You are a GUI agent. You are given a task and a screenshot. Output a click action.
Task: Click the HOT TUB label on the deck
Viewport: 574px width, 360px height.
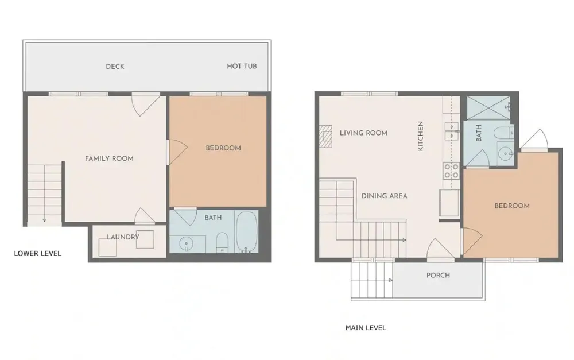point(242,66)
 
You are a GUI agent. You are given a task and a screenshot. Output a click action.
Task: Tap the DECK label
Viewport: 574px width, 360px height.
point(115,66)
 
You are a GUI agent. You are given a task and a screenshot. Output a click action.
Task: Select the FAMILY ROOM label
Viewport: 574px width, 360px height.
point(109,158)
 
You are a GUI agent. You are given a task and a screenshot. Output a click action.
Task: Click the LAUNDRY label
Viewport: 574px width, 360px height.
point(123,237)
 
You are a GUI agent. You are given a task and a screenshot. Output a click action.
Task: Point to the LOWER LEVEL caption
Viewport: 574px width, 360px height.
point(38,253)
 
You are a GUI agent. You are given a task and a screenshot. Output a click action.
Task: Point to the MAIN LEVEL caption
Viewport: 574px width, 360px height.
point(366,328)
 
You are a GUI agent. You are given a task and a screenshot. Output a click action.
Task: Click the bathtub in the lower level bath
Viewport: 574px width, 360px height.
point(246,232)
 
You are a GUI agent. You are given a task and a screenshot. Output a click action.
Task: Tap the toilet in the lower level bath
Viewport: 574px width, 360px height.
point(222,242)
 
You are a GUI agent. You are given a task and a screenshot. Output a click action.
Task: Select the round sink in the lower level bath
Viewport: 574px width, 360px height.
point(187,243)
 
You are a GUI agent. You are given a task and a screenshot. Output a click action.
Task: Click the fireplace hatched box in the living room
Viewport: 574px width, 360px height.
point(325,136)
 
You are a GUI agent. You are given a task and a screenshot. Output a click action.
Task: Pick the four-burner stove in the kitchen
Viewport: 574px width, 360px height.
point(451,171)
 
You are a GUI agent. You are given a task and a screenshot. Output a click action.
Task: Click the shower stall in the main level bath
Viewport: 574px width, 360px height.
point(488,108)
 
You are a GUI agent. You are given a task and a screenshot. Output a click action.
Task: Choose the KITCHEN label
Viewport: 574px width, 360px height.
point(420,136)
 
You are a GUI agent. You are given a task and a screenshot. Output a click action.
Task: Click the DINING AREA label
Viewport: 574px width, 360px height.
point(385,196)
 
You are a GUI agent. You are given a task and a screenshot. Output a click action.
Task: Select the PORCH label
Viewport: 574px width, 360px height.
point(438,276)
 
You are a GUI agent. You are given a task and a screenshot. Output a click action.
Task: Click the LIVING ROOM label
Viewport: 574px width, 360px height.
point(363,133)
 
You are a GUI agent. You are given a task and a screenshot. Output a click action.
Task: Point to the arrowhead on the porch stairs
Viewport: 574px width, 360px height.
point(390,280)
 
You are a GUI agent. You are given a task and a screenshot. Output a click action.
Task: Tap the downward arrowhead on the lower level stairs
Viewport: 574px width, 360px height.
point(44,220)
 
